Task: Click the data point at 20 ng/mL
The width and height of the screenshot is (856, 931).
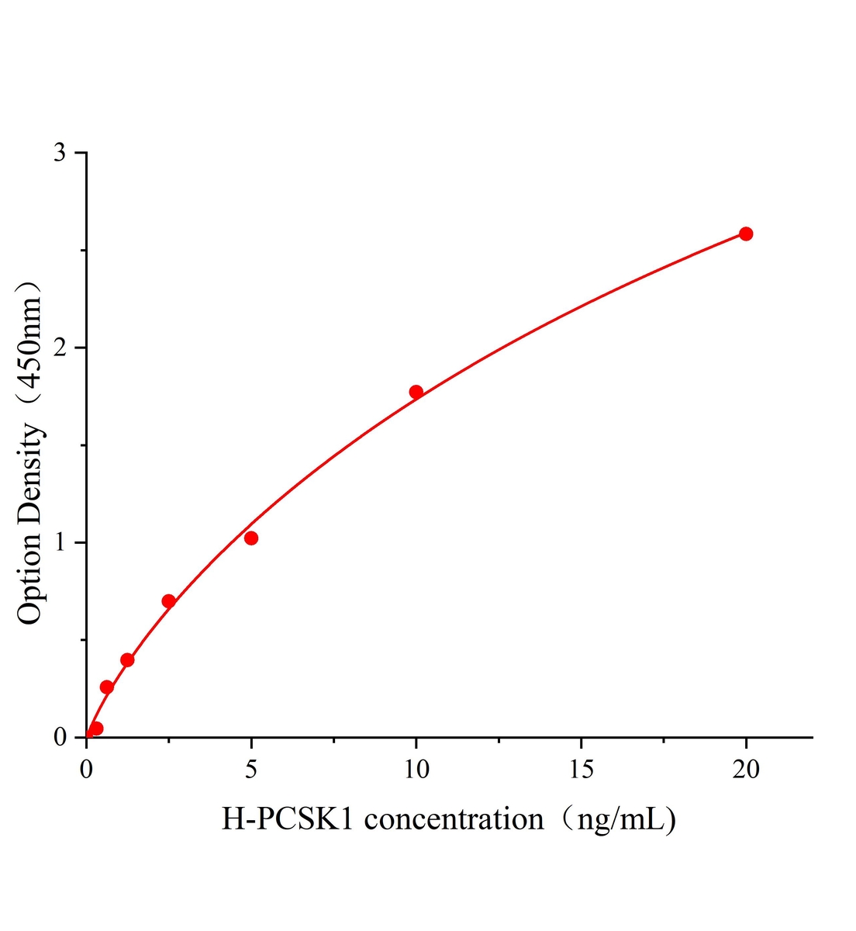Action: [x=746, y=234]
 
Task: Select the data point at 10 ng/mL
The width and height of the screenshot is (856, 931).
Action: [x=416, y=392]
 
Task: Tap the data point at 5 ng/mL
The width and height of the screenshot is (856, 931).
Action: [x=251, y=538]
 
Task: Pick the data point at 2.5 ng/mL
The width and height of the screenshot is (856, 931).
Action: [x=168, y=601]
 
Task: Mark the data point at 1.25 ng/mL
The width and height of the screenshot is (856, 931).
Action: [x=127, y=660]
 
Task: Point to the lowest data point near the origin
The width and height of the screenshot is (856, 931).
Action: [x=96, y=729]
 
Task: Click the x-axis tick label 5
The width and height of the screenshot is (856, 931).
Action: [x=251, y=769]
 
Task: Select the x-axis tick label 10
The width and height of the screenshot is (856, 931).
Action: [x=416, y=769]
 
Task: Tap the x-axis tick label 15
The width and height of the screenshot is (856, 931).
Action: [x=582, y=769]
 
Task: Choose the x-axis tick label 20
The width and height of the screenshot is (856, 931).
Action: [x=746, y=769]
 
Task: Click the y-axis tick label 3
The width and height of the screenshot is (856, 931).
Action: [x=59, y=153]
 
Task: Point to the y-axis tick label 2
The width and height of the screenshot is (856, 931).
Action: [x=59, y=348]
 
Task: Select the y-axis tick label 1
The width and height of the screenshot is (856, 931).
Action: [x=59, y=542]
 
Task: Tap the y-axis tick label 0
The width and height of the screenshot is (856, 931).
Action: [x=59, y=737]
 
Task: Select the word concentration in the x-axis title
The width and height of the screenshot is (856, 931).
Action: [x=454, y=819]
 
